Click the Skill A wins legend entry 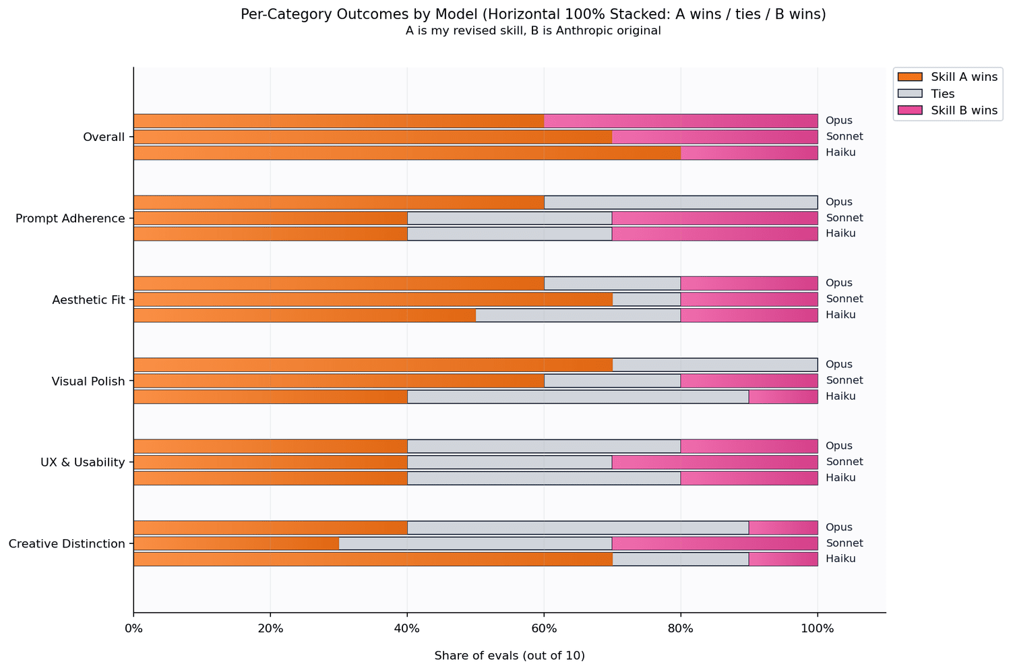[948, 77]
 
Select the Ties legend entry [926, 94]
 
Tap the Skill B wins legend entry [948, 110]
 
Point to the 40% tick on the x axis [407, 615]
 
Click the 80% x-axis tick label [680, 628]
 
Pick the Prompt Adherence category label [70, 218]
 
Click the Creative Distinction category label [67, 543]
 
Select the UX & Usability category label [83, 462]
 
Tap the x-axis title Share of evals [510, 656]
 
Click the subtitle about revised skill [533, 31]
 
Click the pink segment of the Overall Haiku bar [749, 152]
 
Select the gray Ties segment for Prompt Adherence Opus [681, 202]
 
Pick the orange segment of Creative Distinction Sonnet [236, 543]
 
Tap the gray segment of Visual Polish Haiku [578, 396]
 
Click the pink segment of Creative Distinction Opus [783, 527]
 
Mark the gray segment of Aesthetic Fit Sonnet [646, 299]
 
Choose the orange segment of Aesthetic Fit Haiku [305, 315]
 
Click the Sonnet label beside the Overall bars [844, 136]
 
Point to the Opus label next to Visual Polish [838, 365]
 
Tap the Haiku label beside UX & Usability [840, 477]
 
